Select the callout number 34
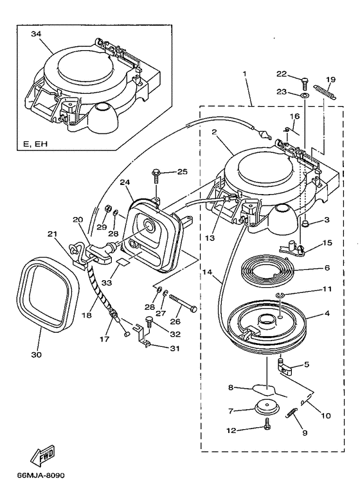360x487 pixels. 36,34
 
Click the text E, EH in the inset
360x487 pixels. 35,144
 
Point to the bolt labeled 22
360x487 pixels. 304,84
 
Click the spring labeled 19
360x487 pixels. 325,93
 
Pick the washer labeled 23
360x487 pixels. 305,95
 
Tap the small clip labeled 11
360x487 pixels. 279,294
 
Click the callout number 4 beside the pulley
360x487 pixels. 327,314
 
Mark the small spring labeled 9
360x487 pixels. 291,413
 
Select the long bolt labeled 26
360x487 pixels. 183,303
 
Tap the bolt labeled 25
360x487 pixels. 156,177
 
